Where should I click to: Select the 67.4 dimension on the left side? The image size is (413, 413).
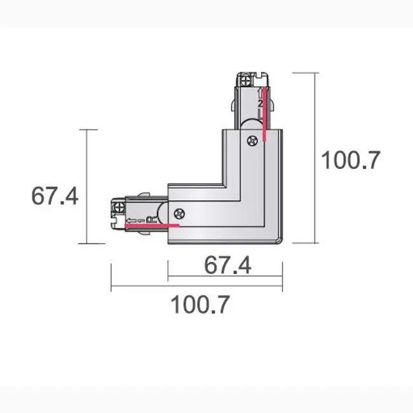[55, 196]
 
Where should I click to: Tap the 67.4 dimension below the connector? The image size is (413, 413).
[227, 266]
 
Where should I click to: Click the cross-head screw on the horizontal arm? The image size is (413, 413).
[180, 214]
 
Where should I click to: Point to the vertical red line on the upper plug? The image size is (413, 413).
[266, 114]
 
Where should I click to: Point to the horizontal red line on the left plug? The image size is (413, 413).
[152, 224]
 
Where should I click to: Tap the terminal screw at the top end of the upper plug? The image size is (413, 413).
[245, 81]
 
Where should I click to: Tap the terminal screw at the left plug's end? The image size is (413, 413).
[118, 207]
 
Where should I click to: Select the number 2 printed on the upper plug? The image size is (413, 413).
[260, 103]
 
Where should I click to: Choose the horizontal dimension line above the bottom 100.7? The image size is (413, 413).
[196, 286]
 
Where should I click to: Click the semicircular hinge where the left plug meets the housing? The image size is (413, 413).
[164, 212]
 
